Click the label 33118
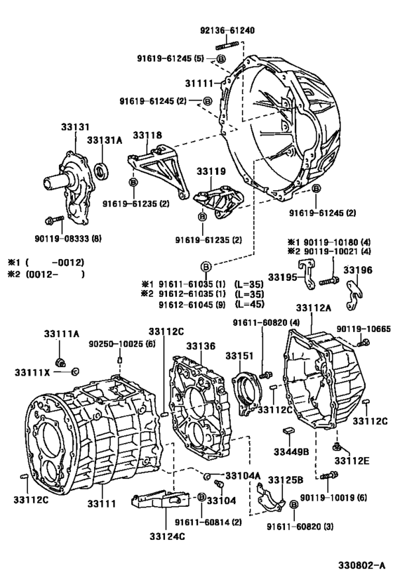147,135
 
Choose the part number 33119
210,171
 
